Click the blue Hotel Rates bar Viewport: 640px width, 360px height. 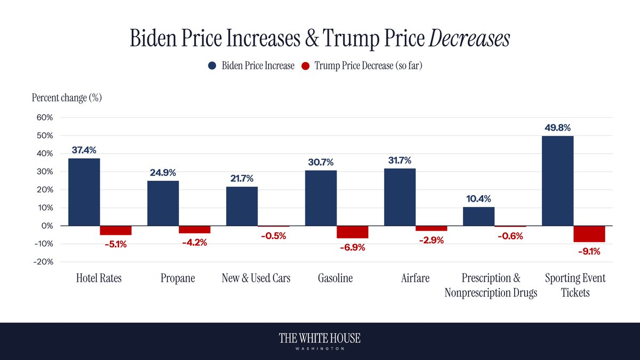pos(84,192)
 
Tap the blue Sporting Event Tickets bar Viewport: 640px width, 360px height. pos(557,181)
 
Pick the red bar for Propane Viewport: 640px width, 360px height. pos(195,230)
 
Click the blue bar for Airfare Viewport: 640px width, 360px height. pos(399,197)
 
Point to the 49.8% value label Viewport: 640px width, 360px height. pos(557,128)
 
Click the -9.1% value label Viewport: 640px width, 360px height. pos(589,252)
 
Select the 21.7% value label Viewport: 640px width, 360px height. pos(242,179)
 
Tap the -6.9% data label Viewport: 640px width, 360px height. pos(353,248)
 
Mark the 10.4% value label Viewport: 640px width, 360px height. pos(478,199)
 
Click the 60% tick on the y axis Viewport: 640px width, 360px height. pos(44,117)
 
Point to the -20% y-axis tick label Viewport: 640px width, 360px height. pos(42,262)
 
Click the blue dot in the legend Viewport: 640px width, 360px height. pos(212,66)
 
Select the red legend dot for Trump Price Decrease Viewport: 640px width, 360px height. pos(306,66)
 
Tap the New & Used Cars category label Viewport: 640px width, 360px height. pos(256,278)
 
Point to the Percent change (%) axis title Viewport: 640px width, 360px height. pos(67,98)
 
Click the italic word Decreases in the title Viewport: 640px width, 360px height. pos(475,39)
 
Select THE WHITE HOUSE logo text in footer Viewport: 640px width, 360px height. pos(320,338)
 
